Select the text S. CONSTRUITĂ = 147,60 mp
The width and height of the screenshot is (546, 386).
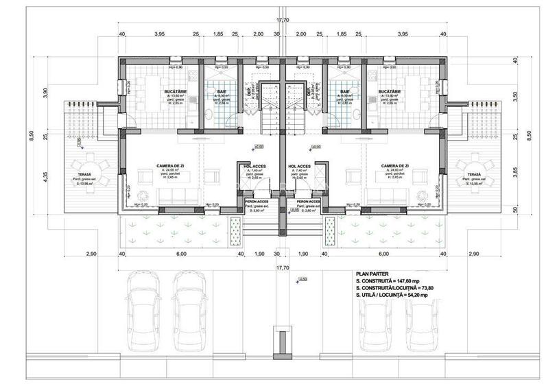[389, 281]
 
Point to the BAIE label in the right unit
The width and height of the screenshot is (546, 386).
[345, 91]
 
